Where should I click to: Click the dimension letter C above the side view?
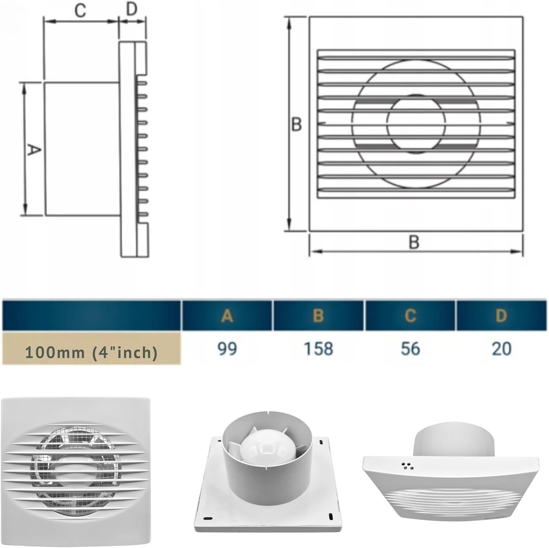point(80,11)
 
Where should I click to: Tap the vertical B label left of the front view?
point(296,124)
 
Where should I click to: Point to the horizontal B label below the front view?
point(414,242)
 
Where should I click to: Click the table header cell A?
point(227,315)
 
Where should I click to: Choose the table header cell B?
point(318,315)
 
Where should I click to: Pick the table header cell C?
point(410,315)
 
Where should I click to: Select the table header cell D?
point(501,315)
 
